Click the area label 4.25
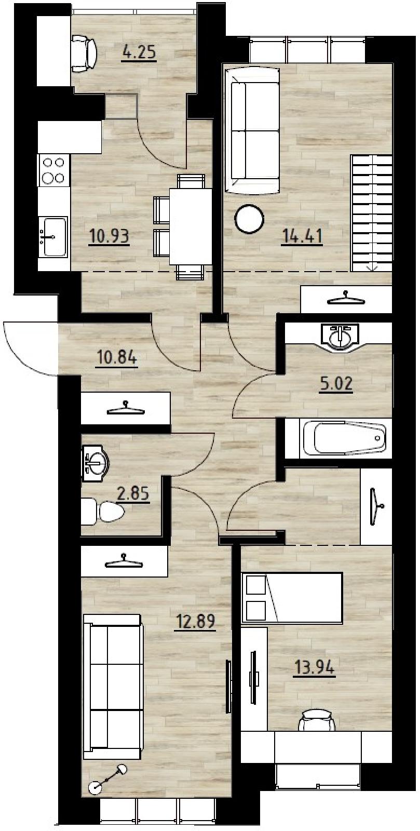coord(139,52)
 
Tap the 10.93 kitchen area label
coord(110,237)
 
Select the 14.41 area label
coord(303,236)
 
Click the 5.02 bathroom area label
coord(336,384)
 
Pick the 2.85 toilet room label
coord(133,494)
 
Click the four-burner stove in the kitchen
coord(54,171)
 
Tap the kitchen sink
coord(54,237)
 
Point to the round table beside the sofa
coord(249,219)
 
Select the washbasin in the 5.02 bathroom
coord(340,336)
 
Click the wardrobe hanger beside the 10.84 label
coord(126,408)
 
